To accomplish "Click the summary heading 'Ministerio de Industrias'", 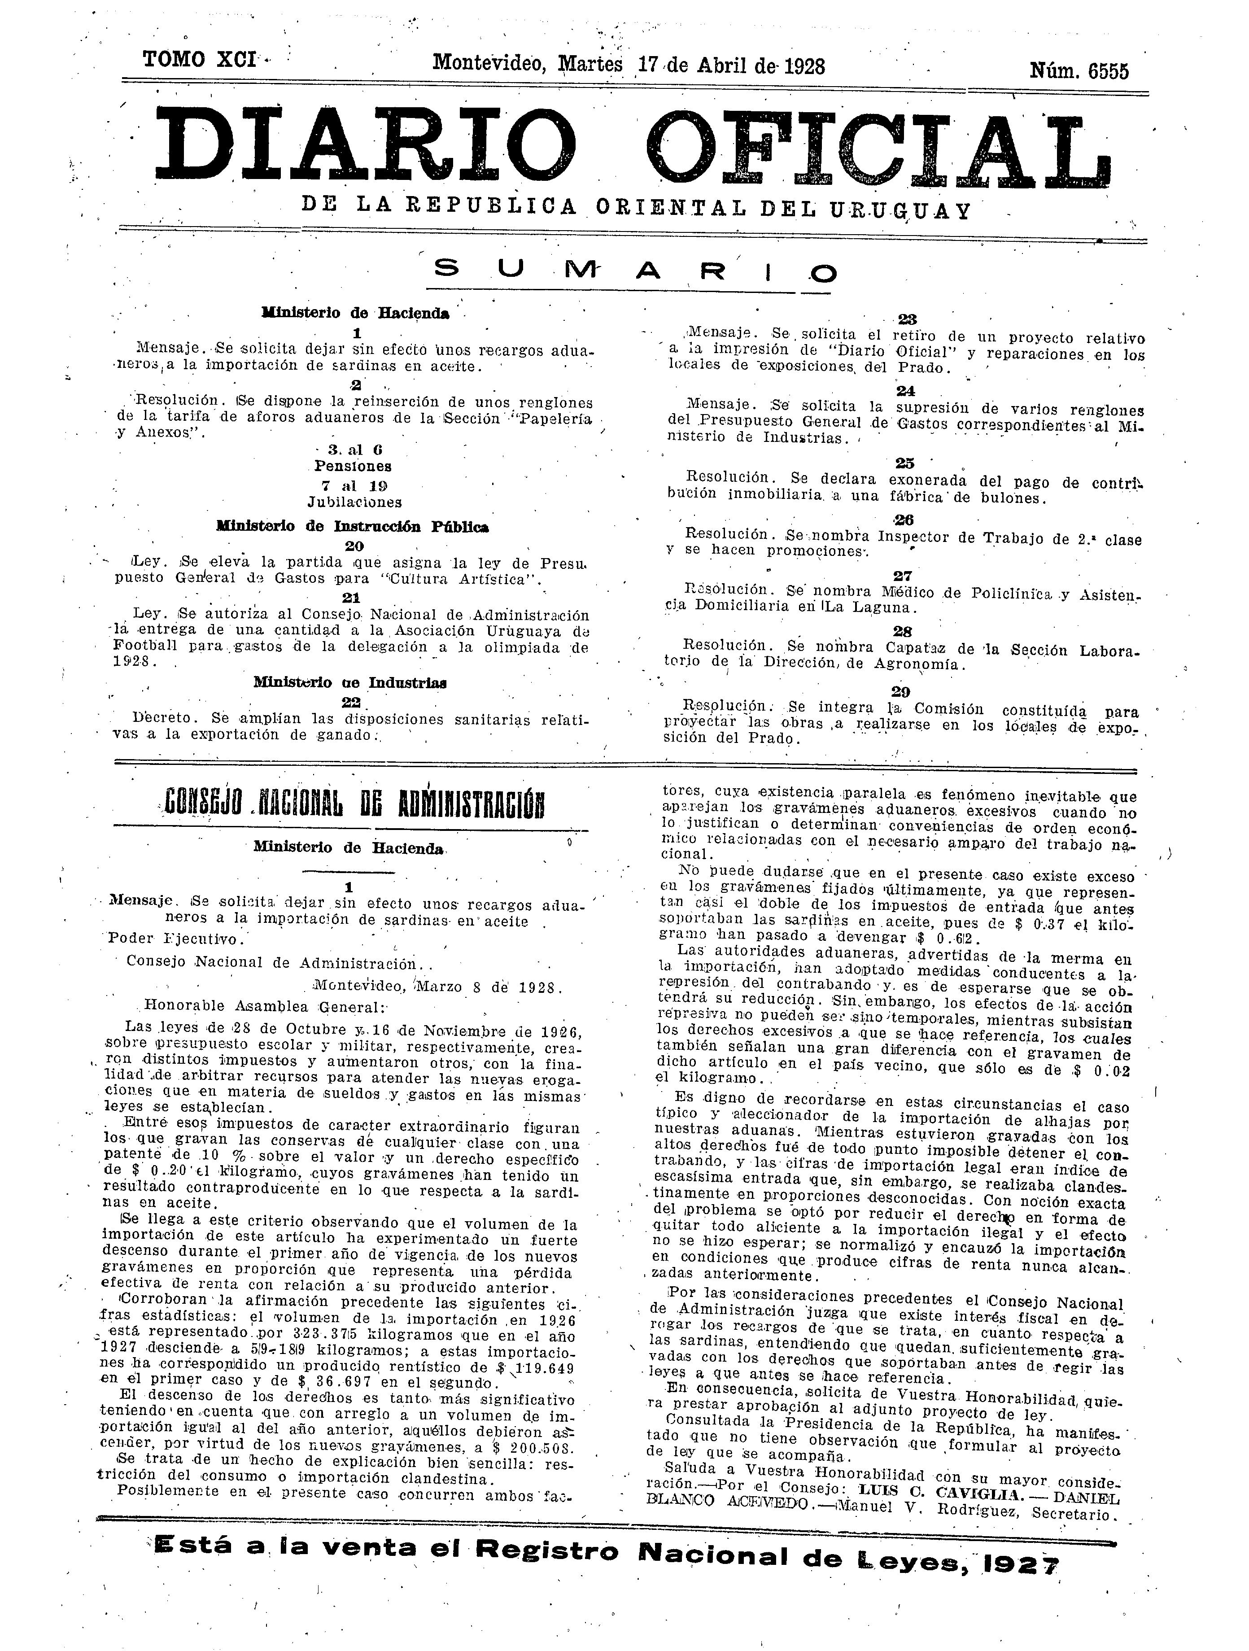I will point(350,682).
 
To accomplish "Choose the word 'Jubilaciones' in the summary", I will point(354,502).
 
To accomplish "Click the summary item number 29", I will point(900,692).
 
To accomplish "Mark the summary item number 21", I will point(350,598).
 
